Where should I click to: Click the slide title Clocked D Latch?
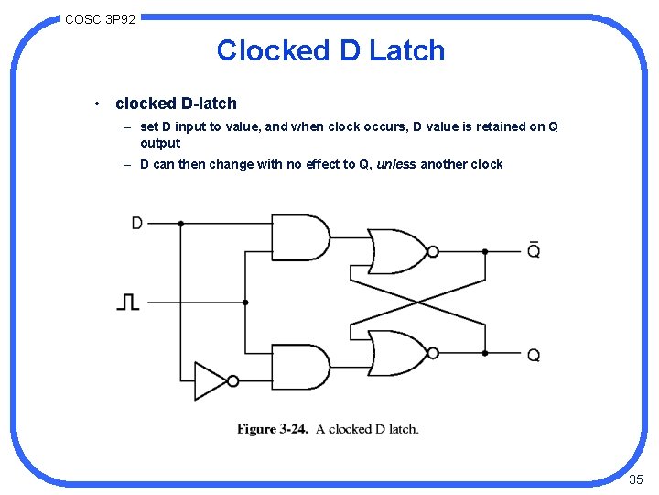pyautogui.click(x=330, y=50)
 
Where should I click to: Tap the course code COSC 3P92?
pyautogui.click(x=100, y=18)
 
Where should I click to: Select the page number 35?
pyautogui.click(x=636, y=479)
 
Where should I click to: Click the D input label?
pyautogui.click(x=137, y=223)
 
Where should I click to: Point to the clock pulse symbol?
pyautogui.click(x=128, y=301)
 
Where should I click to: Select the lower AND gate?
pyautogui.click(x=300, y=367)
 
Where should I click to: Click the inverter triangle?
pyautogui.click(x=210, y=380)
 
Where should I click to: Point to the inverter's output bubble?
pyautogui.click(x=232, y=380)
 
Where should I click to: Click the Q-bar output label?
pyautogui.click(x=534, y=248)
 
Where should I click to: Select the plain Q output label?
pyautogui.click(x=534, y=355)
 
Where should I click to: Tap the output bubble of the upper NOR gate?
pyautogui.click(x=433, y=251)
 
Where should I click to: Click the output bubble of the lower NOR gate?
pyautogui.click(x=433, y=353)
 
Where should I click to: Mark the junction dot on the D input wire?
pyautogui.click(x=181, y=223)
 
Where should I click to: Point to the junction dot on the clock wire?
pyautogui.click(x=245, y=302)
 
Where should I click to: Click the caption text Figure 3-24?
pyautogui.click(x=272, y=429)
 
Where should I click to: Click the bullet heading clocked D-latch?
pyautogui.click(x=176, y=104)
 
